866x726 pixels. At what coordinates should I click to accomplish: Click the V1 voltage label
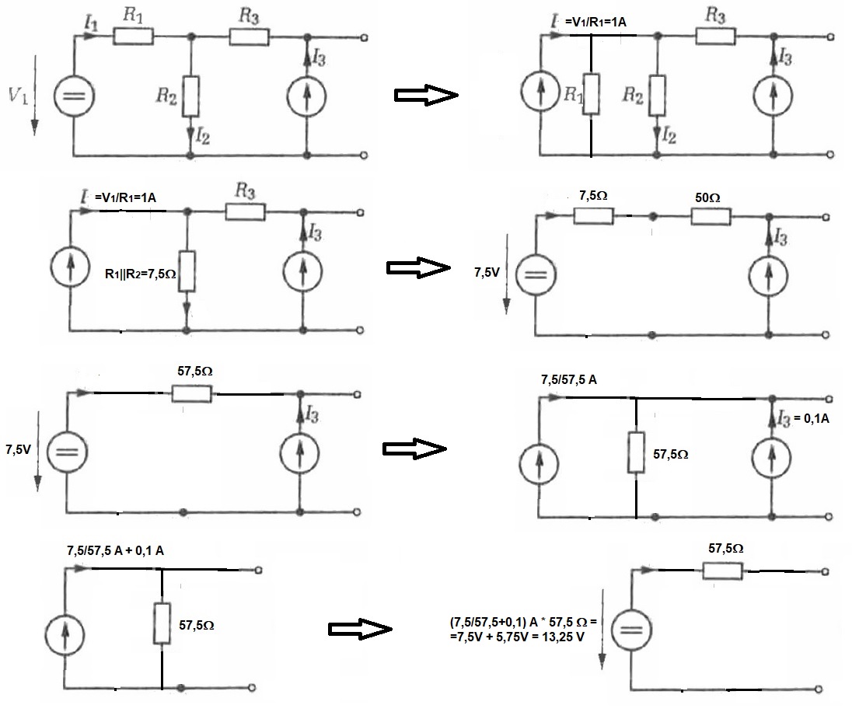point(18,96)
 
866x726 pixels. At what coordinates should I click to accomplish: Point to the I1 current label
point(91,23)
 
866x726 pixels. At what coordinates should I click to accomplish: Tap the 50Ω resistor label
point(707,197)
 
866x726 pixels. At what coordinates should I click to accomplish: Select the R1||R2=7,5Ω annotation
point(140,274)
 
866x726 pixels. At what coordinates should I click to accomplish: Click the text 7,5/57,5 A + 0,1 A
point(115,550)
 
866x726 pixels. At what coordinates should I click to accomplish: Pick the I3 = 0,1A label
point(803,418)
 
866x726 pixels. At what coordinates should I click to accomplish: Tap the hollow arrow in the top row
point(426,95)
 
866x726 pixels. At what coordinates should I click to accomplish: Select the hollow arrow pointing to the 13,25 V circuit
point(360,629)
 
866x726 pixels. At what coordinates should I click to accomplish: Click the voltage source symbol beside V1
point(74,96)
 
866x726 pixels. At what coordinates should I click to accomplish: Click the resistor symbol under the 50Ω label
point(711,216)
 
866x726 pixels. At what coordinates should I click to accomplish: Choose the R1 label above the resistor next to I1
point(133,15)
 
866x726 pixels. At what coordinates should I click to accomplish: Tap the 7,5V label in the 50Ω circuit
point(487,272)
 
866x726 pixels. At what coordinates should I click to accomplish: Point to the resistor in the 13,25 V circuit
point(722,571)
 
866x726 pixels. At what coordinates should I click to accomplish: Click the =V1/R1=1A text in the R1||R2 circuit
point(125,197)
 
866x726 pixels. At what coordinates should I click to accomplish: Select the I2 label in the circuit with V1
point(203,136)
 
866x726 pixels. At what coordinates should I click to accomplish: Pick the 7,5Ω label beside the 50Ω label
point(593,195)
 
